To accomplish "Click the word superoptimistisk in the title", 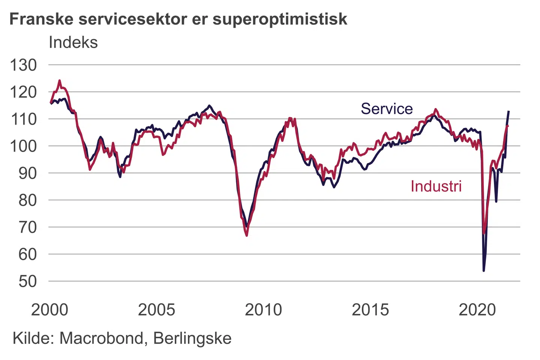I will point(280,19).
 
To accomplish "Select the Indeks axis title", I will point(73,42).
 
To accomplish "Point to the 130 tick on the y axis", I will point(23,65).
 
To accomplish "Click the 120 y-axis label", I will point(23,92).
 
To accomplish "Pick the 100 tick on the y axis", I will point(23,146).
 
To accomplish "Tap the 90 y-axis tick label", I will point(27,173).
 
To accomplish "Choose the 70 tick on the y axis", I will point(27,227).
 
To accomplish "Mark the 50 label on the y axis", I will point(27,281).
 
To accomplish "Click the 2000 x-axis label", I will point(49,310).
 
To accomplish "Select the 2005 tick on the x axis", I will point(156,310).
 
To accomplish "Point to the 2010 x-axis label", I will point(263,310).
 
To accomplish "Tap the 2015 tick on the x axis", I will point(370,310).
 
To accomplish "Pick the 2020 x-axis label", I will point(477,310).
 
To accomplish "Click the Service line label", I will point(387,109).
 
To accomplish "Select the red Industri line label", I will point(436,186).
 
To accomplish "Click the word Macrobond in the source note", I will point(101,338).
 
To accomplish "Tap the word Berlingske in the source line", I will point(192,338).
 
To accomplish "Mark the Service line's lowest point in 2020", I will point(484,270).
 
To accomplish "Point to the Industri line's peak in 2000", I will point(59,80).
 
